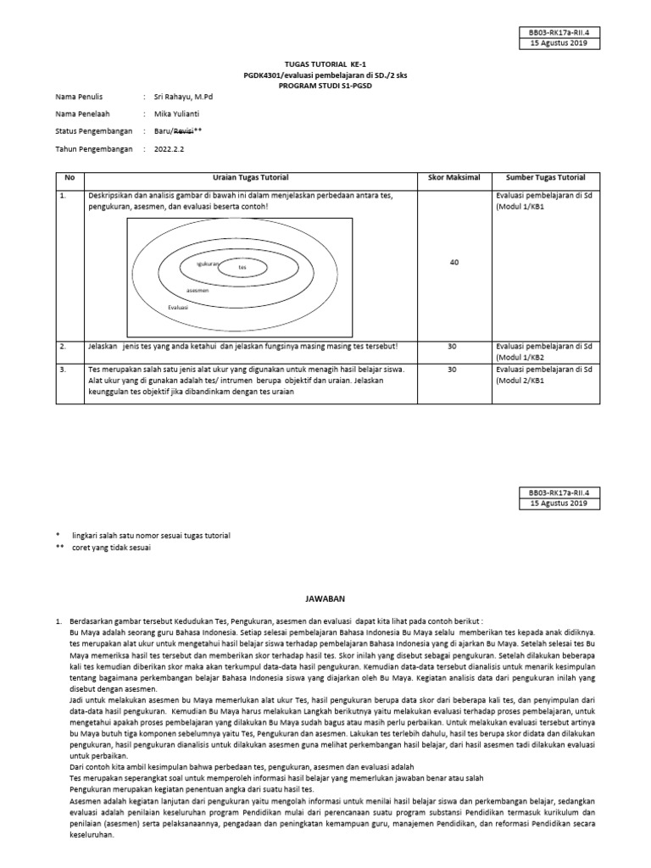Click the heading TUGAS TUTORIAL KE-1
[325, 63]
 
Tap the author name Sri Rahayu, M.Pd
[183, 97]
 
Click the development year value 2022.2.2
[170, 148]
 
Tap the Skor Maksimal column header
[453, 177]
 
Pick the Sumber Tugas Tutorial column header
[545, 177]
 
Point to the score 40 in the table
[453, 263]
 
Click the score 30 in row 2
[453, 347]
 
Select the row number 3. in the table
[64, 370]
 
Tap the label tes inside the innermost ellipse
[242, 267]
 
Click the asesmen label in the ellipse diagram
[198, 290]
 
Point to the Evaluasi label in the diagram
[178, 307]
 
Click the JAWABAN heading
[325, 597]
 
